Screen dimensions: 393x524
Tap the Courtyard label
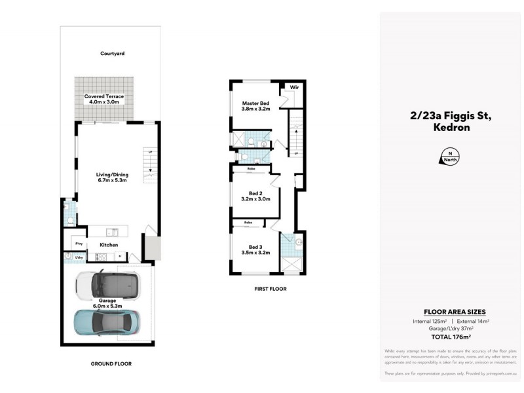[112, 54]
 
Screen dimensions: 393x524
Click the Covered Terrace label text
[103, 96]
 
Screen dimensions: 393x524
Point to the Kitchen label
[109, 245]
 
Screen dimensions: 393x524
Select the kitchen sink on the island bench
[113, 231]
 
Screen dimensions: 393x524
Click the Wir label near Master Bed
[295, 86]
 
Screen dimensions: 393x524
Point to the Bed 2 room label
[255, 193]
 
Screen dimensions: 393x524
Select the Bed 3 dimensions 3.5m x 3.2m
[255, 252]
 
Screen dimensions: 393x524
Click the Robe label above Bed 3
[248, 223]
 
